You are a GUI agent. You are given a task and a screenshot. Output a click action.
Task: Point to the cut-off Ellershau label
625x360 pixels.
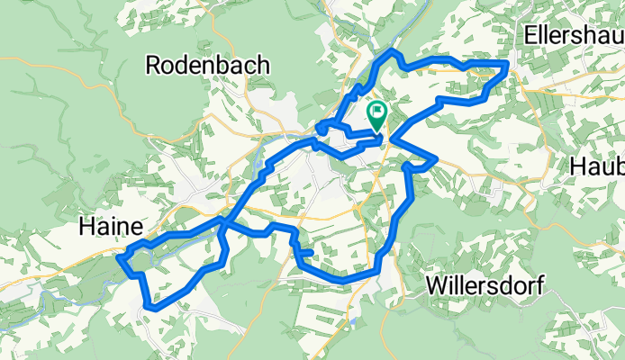574,37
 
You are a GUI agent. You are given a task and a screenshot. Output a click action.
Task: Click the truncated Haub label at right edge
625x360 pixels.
597,166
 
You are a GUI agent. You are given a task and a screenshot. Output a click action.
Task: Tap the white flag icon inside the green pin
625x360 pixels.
376,113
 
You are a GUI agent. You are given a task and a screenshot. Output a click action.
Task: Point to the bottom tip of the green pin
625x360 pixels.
376,131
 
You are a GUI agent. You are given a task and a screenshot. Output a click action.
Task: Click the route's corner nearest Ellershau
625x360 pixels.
506,63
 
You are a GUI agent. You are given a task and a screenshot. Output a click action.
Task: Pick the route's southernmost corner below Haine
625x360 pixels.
148,305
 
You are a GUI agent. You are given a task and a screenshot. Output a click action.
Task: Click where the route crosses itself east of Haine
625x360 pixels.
222,219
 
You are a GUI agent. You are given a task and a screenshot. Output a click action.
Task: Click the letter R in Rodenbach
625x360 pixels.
152,65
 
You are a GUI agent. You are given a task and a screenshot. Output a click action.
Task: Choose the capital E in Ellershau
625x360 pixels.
530,37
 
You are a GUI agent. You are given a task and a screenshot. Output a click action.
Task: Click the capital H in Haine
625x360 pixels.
86,224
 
